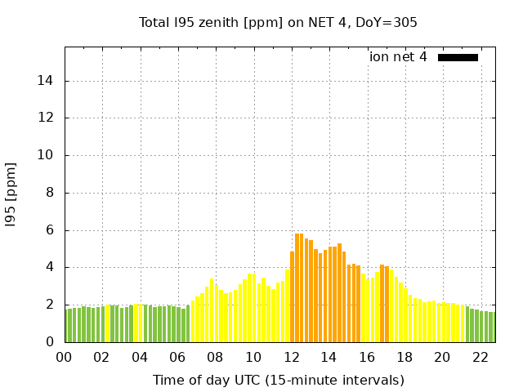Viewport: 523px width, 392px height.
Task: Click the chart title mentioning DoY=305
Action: pos(278,22)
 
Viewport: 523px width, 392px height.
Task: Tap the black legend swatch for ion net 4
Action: pos(458,57)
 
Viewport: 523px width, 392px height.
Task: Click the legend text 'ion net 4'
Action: pos(398,57)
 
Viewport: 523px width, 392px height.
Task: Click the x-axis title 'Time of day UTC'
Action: pos(278,380)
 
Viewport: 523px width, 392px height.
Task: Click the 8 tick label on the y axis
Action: pos(50,193)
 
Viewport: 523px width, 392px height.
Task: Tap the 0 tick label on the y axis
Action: pos(50,342)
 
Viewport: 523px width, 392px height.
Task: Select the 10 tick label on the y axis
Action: pos(47,155)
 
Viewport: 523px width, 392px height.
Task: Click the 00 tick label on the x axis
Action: pos(64,358)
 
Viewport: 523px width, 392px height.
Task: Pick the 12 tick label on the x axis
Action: pos(291,358)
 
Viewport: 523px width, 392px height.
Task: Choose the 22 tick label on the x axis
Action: pos(481,358)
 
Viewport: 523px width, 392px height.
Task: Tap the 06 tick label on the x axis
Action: pos(177,358)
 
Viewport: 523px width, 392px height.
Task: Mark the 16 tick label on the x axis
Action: pos(367,358)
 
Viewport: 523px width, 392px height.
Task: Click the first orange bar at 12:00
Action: pos(292,297)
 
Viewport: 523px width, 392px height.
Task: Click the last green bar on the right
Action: pos(493,327)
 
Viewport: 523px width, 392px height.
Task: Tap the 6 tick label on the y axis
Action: pos(50,230)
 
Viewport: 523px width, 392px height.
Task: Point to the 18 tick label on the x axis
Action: pos(405,358)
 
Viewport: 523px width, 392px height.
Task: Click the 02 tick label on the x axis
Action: pos(101,358)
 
